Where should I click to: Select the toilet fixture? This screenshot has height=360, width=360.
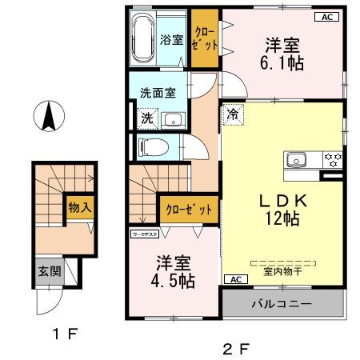[x=150, y=146]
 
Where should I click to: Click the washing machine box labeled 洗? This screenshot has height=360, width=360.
[x=147, y=118]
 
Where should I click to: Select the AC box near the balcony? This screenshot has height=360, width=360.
[x=236, y=279]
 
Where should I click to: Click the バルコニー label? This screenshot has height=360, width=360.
[x=282, y=304]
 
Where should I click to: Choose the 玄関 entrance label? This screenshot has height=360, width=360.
[x=45, y=270]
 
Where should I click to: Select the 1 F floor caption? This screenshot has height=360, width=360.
[x=64, y=334]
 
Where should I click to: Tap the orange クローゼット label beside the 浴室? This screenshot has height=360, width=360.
[x=204, y=38]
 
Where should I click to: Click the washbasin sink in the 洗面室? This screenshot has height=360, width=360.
[x=173, y=120]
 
